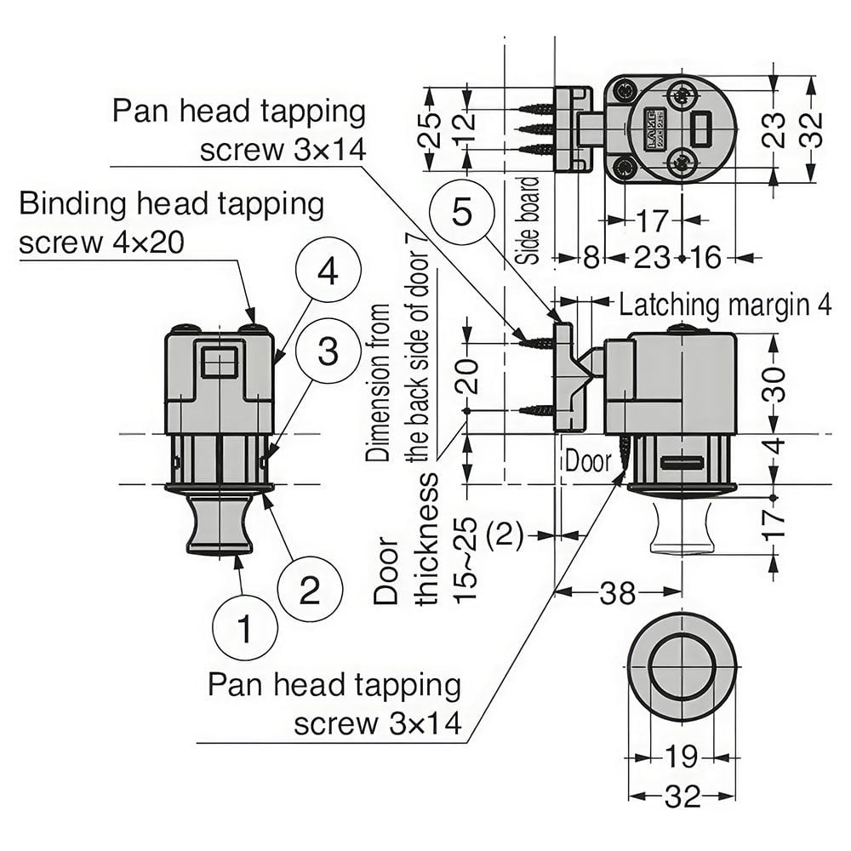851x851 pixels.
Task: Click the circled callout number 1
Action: click(245, 629)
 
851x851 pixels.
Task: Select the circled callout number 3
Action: click(328, 351)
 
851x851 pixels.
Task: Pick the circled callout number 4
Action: click(328, 271)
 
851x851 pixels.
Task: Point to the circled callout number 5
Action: click(462, 211)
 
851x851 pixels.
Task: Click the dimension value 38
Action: click(617, 592)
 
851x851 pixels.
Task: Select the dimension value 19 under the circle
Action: click(681, 757)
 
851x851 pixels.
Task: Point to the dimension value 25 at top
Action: click(429, 129)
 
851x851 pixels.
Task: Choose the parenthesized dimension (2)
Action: click(504, 535)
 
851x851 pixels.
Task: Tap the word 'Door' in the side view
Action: click(588, 461)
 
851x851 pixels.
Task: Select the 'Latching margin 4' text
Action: click(725, 306)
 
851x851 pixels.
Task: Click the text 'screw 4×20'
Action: click(101, 243)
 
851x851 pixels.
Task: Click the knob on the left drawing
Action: click(220, 523)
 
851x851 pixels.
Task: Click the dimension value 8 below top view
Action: click(591, 257)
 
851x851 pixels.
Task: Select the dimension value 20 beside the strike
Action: click(466, 376)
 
